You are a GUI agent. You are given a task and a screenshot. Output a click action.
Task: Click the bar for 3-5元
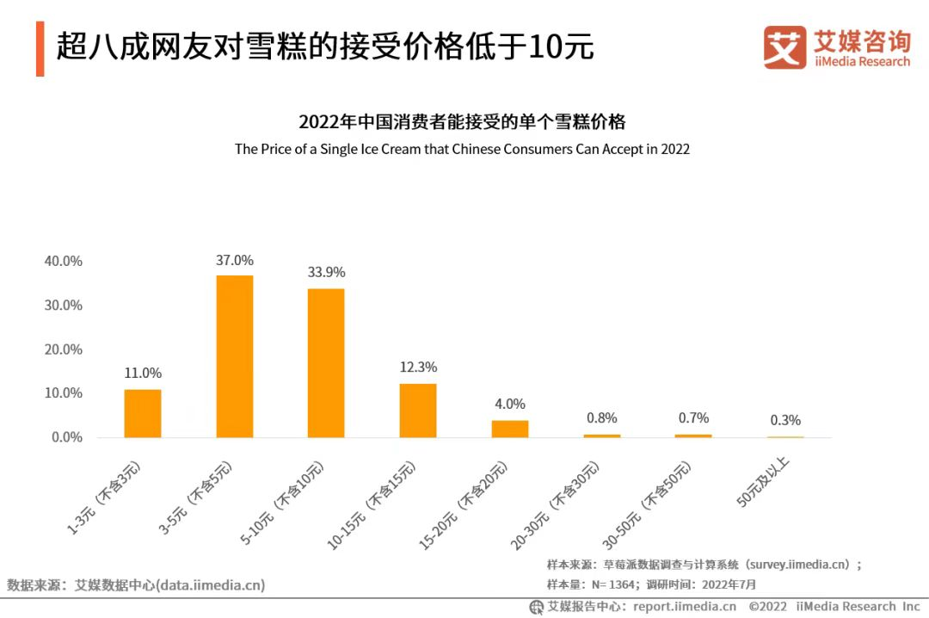235,356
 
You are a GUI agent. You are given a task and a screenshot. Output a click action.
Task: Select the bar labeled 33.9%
326,363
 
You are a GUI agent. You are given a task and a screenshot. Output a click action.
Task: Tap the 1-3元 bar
143,413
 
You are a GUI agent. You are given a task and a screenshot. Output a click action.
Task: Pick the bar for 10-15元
418,411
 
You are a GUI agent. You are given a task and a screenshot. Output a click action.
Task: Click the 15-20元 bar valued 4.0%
510,429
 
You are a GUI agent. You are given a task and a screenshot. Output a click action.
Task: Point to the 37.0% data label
235,260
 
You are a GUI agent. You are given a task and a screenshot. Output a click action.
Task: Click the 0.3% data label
785,420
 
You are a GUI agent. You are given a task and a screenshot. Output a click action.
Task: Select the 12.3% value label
418,368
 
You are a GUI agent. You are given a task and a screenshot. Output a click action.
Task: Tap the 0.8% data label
602,417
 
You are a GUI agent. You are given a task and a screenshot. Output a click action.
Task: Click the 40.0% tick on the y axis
64,261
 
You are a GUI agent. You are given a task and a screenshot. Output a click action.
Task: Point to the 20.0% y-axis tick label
64,349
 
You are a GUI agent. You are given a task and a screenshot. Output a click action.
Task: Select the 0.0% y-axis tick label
66,437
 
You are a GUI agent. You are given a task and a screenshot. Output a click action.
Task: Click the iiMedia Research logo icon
784,47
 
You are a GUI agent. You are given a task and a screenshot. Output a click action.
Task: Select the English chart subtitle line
462,149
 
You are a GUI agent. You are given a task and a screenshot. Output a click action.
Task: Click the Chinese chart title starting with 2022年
462,121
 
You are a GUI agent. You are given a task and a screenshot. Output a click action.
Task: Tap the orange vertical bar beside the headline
40,48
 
